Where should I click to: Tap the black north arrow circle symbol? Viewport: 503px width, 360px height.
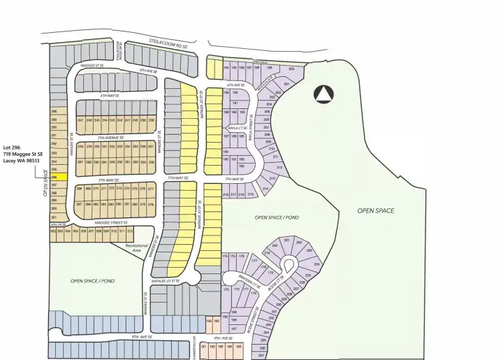323,94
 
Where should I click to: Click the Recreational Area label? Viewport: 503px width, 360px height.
137,246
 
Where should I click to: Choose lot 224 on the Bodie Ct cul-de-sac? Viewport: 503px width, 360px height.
316,265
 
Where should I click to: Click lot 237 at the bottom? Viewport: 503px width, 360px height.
261,355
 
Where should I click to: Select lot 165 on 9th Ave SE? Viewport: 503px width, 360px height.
238,346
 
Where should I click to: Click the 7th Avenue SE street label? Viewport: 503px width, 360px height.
112,138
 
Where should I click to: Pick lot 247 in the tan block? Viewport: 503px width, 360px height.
80,120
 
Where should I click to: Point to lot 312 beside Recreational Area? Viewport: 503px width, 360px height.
129,230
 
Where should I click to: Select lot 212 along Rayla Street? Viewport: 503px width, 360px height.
279,168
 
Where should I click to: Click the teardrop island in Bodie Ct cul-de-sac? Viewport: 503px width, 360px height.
289,264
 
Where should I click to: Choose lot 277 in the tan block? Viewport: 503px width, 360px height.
150,189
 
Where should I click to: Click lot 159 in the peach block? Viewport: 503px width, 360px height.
208,322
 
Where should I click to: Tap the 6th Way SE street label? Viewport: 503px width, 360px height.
110,96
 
